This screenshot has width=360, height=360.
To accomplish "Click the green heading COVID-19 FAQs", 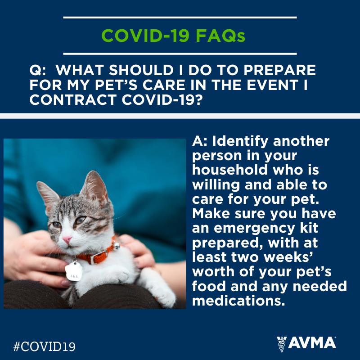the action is point(173,36).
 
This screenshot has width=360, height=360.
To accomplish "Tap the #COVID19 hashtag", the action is point(44,346).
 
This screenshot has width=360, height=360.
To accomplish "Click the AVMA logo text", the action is point(312,343).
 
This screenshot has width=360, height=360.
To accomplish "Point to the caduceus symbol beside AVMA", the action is point(282,344).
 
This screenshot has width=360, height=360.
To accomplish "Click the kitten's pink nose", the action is point(67,239).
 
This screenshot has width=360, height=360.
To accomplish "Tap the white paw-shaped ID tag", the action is point(73,272).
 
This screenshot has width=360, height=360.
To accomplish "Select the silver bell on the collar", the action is point(117,246).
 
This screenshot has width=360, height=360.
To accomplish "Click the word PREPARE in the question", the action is point(279,70).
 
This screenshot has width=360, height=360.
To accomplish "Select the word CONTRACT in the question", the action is point(72,99).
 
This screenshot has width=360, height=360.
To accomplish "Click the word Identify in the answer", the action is point(240,142).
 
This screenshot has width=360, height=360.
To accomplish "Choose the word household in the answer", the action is point(230,170).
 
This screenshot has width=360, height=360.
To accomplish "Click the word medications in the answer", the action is point(238,301).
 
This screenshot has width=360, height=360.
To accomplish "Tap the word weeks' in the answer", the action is point(288,257).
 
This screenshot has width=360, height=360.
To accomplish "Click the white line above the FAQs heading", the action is point(180,18).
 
